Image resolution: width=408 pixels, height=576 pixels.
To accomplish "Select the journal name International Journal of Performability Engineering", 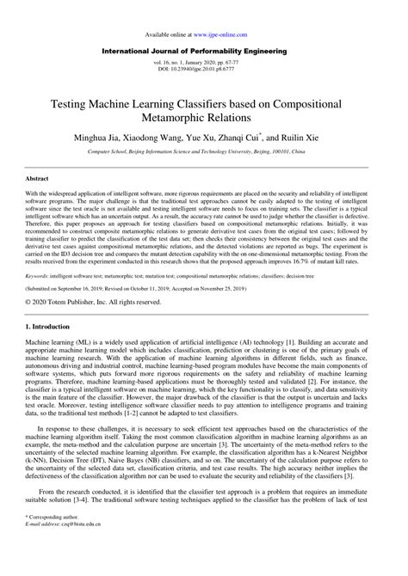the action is [x=203, y=52].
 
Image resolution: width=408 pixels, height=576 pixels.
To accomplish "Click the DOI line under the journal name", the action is [x=203, y=72].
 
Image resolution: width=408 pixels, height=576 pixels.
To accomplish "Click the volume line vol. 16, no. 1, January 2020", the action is [x=203, y=65].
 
